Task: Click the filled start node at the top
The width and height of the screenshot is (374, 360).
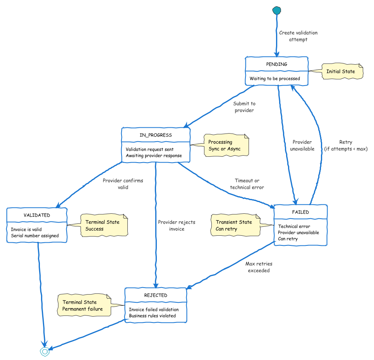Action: point(276,10)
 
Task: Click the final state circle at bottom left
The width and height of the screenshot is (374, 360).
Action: point(45,351)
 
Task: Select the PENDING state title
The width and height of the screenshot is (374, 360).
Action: point(277,64)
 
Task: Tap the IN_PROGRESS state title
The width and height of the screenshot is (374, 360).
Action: point(156,135)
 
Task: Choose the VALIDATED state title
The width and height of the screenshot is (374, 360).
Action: point(37,215)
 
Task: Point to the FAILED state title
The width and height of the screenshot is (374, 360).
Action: point(300,212)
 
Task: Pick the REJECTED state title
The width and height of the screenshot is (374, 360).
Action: point(156,295)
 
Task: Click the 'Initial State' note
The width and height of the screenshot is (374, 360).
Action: point(341,72)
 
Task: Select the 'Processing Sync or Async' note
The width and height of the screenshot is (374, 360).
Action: point(225,146)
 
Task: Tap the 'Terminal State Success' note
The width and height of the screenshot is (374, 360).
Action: point(103,226)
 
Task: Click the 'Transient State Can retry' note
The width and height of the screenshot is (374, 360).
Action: point(235,226)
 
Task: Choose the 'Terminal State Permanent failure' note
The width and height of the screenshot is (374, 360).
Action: point(83,305)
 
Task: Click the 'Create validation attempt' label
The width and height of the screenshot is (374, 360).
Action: point(298,36)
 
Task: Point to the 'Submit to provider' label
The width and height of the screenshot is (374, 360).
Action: point(244,107)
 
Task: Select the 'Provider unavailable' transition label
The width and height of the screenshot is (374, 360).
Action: point(302,145)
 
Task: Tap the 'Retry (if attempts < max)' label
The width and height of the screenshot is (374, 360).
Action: point(345,145)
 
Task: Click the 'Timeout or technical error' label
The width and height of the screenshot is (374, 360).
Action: point(247,184)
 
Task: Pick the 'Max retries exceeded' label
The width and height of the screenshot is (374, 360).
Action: point(259,267)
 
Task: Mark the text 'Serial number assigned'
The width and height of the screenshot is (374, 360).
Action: point(35,236)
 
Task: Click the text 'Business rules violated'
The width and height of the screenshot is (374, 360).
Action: point(152,316)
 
